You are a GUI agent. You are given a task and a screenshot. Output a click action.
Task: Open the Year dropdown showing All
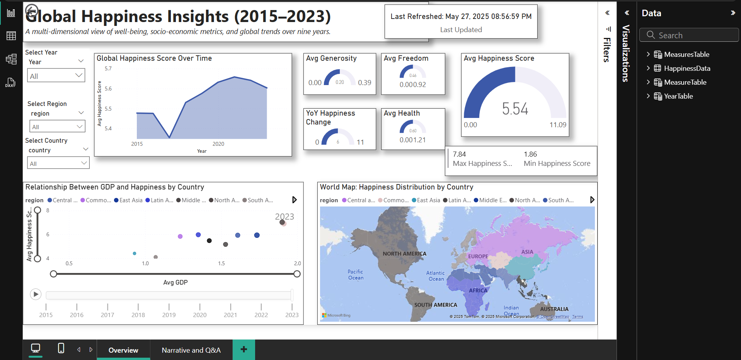point(56,75)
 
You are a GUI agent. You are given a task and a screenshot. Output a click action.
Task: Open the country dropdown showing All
point(58,163)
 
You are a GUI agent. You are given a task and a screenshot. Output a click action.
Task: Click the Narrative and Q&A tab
point(191,350)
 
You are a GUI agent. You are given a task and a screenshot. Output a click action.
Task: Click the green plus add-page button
point(244,350)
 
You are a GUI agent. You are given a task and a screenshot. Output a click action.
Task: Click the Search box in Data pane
point(692,35)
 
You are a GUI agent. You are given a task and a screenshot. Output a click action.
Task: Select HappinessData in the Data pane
point(687,68)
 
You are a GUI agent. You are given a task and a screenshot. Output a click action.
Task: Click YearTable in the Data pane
point(678,96)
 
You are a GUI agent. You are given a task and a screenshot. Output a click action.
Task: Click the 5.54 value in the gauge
point(515,109)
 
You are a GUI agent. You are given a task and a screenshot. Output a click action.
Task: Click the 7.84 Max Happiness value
point(459,154)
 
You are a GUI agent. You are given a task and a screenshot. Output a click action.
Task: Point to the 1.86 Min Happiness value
point(530,154)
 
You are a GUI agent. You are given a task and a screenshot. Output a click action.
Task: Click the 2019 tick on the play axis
point(169,314)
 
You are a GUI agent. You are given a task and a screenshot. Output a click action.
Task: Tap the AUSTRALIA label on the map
point(554,309)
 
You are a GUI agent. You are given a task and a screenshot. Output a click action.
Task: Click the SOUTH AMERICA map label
point(436,305)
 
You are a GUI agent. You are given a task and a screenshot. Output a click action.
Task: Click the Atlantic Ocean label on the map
point(436,276)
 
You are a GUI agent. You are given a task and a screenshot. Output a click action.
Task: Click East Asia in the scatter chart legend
point(131,200)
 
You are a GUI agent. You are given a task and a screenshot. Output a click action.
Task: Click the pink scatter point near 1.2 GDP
point(180,236)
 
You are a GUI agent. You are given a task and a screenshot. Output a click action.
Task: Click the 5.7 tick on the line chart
point(108,68)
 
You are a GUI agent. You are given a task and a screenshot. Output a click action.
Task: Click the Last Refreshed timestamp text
point(461,16)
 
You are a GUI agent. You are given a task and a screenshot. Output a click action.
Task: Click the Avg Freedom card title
point(406,58)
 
